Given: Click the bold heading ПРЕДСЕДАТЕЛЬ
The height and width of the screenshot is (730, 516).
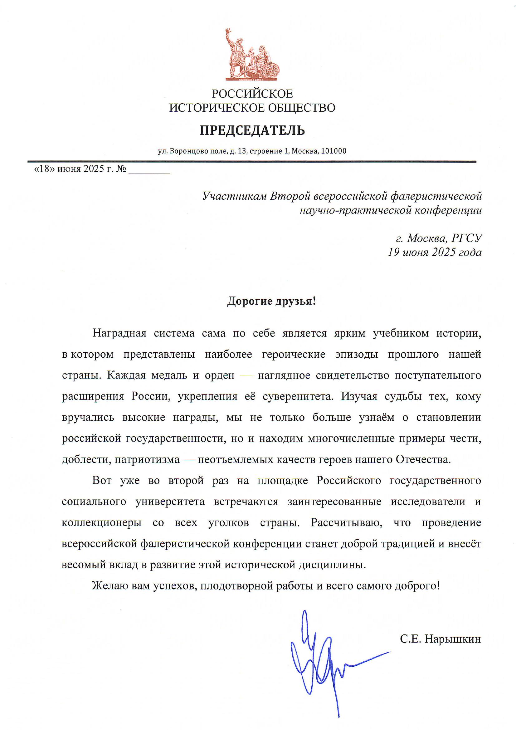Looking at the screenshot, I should [x=252, y=130].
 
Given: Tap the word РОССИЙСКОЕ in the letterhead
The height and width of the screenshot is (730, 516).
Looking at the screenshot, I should [x=252, y=94].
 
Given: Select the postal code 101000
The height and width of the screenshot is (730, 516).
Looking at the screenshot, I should [x=333, y=151].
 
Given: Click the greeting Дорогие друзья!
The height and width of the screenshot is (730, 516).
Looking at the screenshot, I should [x=272, y=301].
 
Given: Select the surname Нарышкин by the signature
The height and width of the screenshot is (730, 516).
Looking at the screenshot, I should [x=453, y=630].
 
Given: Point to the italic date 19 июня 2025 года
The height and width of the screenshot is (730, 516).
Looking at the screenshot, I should [x=434, y=252].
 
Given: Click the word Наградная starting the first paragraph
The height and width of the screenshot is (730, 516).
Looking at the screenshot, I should [x=119, y=333].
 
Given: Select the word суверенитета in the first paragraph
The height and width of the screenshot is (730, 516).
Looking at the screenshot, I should [x=298, y=396].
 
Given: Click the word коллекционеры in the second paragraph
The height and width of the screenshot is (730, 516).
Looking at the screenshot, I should [x=102, y=523].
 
